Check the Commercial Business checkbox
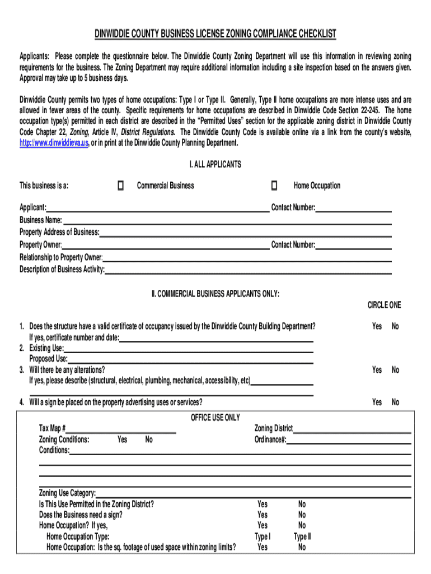120,186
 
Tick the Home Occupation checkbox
274,186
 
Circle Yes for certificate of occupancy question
377,326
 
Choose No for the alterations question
395,370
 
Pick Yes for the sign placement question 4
377,402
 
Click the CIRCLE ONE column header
384,305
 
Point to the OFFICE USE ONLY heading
215,418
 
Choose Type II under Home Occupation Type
302,536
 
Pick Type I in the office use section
262,536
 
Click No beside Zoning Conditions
148,440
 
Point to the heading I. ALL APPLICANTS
215,164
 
